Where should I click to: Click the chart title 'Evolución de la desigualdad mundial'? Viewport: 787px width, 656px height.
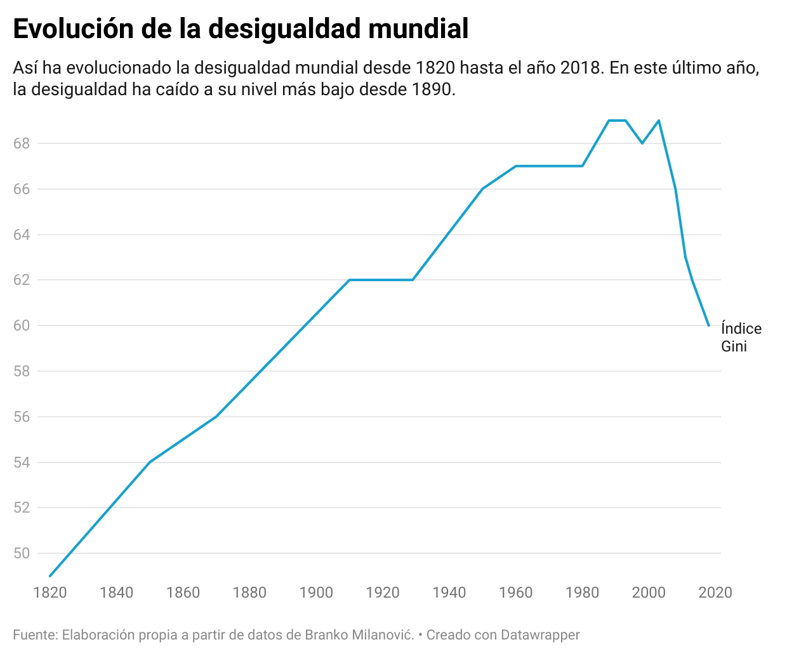click(241, 29)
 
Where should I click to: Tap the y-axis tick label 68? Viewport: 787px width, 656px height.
click(22, 143)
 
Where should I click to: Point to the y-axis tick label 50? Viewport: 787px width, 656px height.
click(22, 553)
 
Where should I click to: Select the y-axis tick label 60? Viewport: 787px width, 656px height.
click(22, 325)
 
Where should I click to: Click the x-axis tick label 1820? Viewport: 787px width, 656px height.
click(50, 593)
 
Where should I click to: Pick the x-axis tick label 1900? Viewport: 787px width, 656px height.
click(316, 593)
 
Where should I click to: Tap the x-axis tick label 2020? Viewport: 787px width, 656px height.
click(715, 593)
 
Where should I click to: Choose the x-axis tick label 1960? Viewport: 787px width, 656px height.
click(515, 593)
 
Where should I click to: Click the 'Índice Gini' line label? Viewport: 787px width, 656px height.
click(741, 338)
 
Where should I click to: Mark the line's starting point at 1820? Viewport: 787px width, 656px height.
click(50, 576)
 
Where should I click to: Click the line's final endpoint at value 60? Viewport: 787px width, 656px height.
click(708, 325)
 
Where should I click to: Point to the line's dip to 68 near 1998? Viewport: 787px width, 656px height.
click(642, 143)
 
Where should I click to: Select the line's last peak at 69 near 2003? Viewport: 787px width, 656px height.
click(659, 121)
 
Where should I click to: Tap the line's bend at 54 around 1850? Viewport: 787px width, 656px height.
click(150, 462)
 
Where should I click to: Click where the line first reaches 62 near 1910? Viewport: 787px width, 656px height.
click(349, 280)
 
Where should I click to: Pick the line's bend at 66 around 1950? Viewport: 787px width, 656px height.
click(482, 189)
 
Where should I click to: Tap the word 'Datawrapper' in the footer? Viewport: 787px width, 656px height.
click(540, 634)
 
